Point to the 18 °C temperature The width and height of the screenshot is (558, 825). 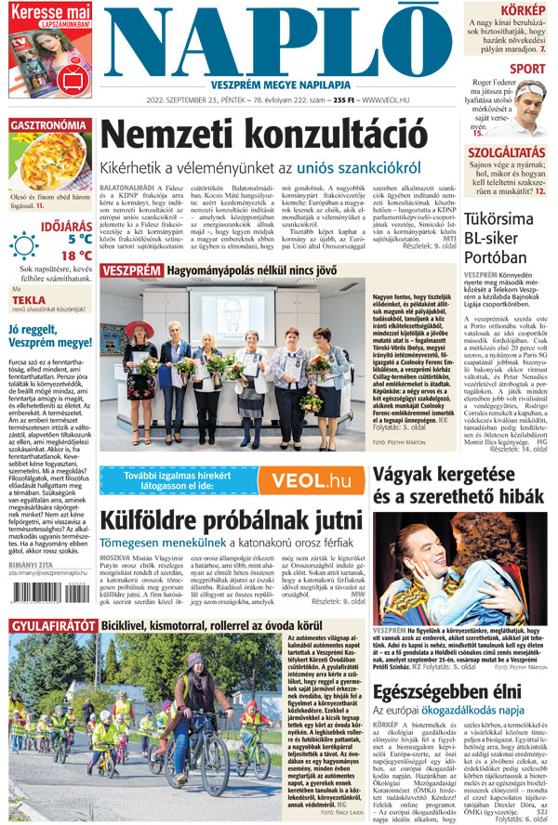coord(76,255)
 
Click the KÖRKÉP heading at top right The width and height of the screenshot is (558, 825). coord(524,10)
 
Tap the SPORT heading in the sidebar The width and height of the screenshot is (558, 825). coord(527,69)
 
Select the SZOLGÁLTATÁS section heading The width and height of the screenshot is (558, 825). coord(506,152)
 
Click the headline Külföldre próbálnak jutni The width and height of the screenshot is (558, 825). coord(219,518)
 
